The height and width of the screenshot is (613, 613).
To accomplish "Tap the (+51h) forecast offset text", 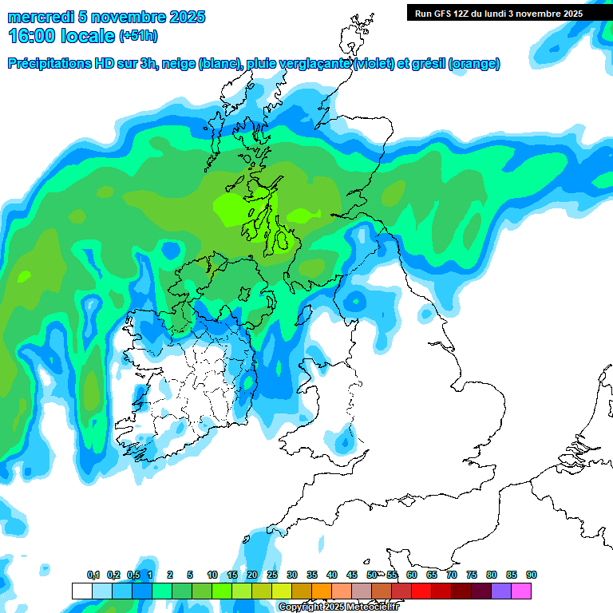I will pos(138,35).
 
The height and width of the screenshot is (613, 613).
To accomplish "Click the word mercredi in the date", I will pos(38,17).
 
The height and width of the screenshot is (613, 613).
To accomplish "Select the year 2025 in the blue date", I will pos(186,17).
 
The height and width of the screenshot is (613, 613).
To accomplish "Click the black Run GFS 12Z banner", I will pos(495,13).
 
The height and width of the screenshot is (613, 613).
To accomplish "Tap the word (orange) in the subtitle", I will pos(474,64).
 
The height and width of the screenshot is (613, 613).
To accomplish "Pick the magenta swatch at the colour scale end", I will pos(521,591).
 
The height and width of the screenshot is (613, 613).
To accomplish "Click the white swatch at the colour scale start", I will pos(81,591).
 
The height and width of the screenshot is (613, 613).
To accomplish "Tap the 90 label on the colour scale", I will pos(532,575).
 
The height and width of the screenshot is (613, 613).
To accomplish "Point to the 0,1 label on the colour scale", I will pos(93,575).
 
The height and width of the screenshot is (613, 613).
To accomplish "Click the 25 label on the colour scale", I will pos(272,575).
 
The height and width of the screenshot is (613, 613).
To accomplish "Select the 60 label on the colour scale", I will pos(412,575).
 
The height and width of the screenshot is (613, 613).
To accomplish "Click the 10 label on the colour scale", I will pos(212,575).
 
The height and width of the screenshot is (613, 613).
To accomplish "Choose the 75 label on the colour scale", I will pos(472,575).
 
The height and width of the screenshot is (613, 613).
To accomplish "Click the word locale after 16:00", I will pos(85,35).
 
